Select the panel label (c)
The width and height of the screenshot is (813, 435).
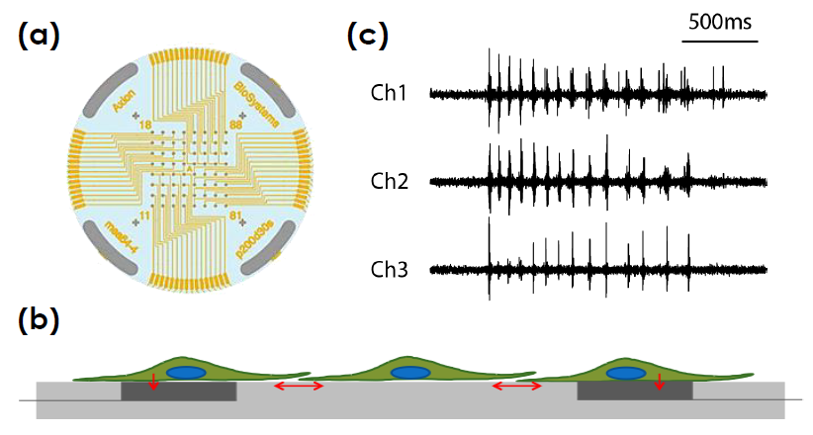367,37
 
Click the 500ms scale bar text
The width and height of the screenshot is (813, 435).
719,23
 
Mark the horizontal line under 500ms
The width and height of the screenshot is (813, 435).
719,43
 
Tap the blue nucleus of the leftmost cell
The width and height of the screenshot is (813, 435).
186,374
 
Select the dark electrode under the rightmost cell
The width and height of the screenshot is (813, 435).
634,391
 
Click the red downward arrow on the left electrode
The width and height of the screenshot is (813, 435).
152,384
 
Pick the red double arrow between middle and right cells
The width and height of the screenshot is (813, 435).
515,386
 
